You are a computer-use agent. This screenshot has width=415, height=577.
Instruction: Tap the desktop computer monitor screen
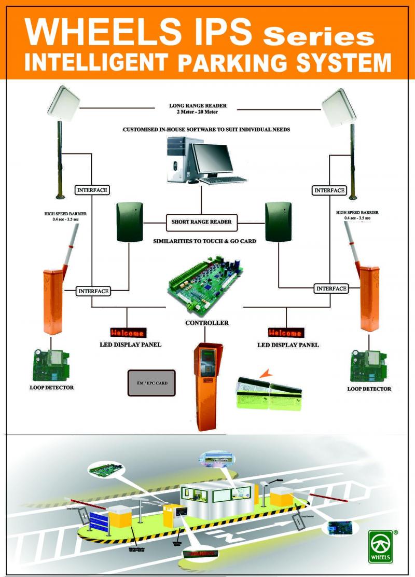pos(213,159)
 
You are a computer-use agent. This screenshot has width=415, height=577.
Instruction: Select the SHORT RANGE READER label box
pos(201,222)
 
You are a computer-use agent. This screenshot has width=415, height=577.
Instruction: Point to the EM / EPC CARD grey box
pos(152,383)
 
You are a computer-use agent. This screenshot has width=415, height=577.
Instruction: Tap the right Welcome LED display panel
pos(285,332)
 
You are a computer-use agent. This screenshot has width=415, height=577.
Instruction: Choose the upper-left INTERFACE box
pos(92,190)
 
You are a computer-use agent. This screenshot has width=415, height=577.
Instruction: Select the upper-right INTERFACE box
pos(329,190)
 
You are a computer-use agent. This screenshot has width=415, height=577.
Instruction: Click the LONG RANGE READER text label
pos(198,106)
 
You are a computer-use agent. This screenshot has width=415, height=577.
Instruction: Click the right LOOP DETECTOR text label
pos(369,389)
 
